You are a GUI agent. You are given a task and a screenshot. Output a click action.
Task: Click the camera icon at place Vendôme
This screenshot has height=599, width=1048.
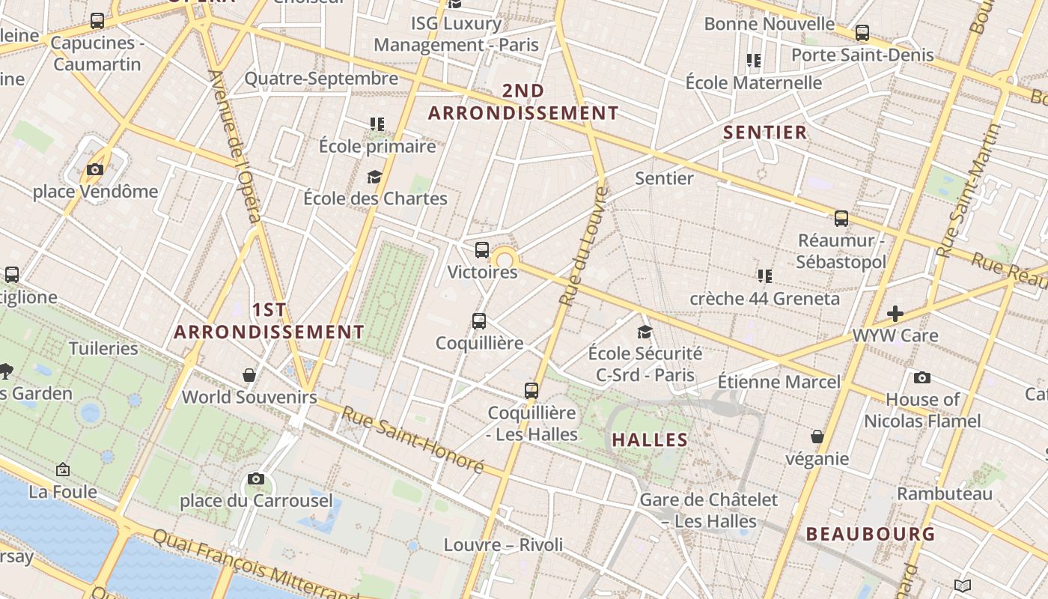pos(94,170)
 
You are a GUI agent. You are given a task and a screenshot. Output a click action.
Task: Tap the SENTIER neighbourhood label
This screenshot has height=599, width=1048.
pos(765,133)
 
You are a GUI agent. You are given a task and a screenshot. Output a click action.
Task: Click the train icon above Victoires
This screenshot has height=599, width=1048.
pos(482,250)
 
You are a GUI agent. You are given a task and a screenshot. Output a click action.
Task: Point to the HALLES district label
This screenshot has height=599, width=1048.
pos(650,440)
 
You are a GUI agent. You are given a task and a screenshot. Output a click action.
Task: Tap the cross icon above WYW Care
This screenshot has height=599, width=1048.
pos(895,314)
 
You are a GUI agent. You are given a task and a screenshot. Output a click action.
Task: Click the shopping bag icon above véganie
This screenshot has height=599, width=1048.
pos(817,437)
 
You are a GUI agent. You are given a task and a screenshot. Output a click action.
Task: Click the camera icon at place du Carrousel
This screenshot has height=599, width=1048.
pos(256,478)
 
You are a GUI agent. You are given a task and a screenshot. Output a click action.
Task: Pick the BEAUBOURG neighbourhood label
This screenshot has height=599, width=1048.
pos(871,534)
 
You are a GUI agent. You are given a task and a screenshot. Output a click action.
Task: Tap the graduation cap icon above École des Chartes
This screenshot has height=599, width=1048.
pos(374,177)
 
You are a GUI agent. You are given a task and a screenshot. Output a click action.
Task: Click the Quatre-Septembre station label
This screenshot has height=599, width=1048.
pos(321,79)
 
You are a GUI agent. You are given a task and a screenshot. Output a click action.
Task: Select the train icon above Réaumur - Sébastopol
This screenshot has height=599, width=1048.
pos(841,219)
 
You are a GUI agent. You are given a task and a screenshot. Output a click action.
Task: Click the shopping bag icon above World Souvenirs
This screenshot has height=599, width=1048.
pos(249,375)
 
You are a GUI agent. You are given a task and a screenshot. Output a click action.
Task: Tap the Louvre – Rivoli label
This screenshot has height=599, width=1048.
pos(503,544)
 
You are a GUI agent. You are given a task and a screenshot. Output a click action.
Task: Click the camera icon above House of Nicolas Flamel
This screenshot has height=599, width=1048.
pos(922,378)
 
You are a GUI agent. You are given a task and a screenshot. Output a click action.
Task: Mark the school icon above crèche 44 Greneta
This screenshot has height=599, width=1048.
pos(764,276)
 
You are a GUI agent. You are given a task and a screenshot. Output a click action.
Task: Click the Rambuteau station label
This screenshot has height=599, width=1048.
pos(945,493)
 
